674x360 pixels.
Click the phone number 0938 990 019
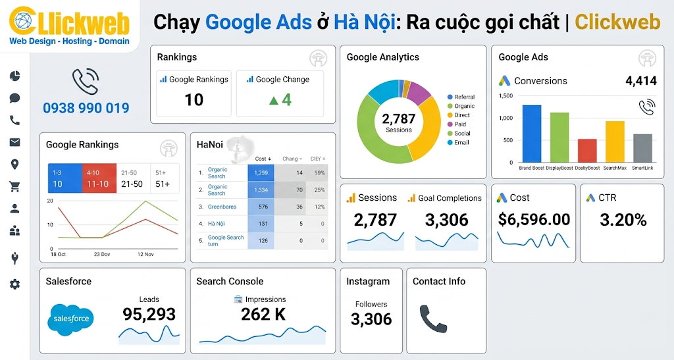[86, 108]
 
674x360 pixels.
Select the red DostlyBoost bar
[586, 151]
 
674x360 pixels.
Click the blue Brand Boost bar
[531, 134]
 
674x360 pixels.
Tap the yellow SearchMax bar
[615, 141]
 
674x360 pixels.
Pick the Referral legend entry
[463, 97]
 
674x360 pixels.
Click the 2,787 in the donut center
[398, 118]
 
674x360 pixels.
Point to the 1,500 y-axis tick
[505, 96]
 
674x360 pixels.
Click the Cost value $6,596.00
[534, 220]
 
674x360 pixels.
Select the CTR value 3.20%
[623, 220]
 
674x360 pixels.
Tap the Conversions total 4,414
[640, 81]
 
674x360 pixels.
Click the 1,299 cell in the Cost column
[261, 172]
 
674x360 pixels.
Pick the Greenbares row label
[222, 207]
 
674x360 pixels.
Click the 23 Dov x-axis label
[102, 254]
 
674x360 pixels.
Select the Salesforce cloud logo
[70, 319]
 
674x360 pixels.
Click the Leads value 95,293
[149, 315]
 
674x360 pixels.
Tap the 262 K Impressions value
[263, 315]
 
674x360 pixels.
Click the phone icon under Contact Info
[433, 319]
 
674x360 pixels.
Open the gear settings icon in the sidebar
[14, 284]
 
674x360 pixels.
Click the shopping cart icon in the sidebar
[14, 187]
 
